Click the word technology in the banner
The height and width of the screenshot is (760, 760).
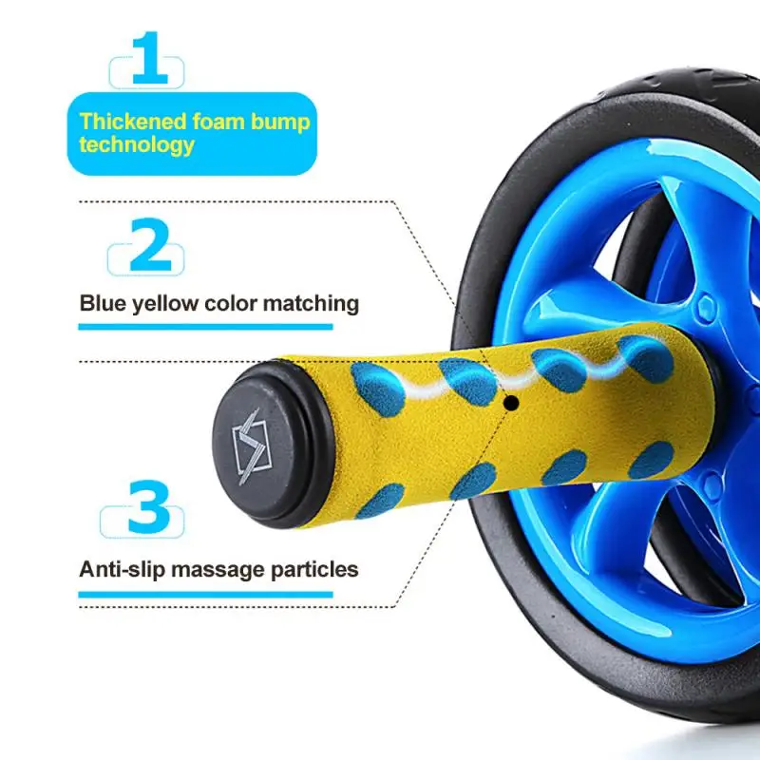pyautogui.click(x=137, y=145)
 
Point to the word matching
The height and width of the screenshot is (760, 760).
pyautogui.click(x=313, y=304)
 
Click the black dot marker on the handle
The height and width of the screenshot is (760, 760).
pyautogui.click(x=511, y=403)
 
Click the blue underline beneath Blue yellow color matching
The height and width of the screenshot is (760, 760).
pyautogui.click(x=205, y=327)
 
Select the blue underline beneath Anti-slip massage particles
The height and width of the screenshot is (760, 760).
pyautogui.click(x=205, y=596)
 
